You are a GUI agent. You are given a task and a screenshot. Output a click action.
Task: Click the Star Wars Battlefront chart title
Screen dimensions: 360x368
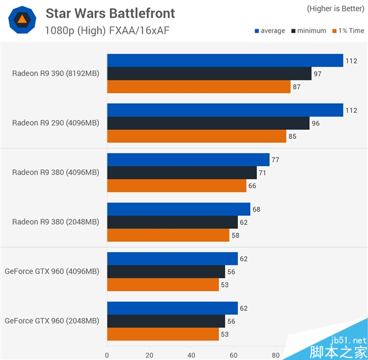coord(110,13)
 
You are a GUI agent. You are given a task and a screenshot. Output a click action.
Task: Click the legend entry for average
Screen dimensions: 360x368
coord(269,31)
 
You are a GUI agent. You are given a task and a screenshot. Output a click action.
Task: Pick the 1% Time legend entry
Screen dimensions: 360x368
coord(347,31)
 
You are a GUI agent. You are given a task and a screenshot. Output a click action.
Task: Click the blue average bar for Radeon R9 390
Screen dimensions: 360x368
coord(224,61)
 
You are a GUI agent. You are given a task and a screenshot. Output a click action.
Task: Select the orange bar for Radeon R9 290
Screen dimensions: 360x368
coord(196,136)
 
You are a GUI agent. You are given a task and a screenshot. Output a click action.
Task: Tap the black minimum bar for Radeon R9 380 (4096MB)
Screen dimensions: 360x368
coord(182,173)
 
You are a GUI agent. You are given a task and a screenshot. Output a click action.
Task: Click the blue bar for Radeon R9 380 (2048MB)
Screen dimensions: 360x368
coord(178,210)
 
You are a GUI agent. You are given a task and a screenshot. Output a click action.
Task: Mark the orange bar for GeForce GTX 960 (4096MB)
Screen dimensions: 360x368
coord(163,285)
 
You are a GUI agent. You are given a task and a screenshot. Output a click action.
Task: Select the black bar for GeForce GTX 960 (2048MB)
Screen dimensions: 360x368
coord(166,321)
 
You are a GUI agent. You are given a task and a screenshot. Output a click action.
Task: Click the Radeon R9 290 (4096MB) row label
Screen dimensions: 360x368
coord(55,123)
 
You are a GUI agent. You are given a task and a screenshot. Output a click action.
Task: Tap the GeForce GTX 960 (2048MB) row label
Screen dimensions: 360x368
coord(52,321)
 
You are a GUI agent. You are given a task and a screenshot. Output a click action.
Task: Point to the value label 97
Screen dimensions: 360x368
coord(317,74)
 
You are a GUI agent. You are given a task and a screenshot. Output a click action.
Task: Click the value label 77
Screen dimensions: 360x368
coord(275,159)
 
